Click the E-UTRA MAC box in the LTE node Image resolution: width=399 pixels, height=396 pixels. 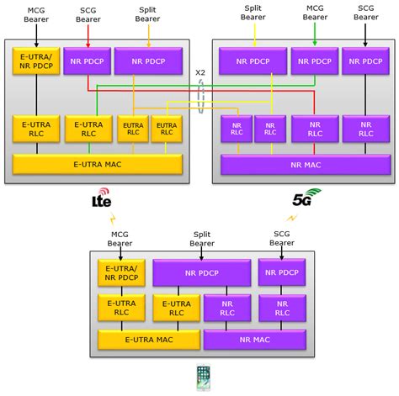tap(97, 164)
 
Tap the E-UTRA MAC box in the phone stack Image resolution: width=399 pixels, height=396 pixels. tap(148, 339)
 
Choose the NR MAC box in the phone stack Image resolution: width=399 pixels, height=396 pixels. tap(254, 339)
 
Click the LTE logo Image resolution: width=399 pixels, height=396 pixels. tap(101, 202)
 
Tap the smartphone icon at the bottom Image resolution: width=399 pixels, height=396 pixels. tap(202, 378)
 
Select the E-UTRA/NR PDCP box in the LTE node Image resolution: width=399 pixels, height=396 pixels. tap(36, 61)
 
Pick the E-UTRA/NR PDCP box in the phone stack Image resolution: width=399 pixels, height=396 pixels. tap(121, 272)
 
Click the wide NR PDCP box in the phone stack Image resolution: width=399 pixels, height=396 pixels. tap(201, 272)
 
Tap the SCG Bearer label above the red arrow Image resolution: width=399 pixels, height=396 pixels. tap(87, 16)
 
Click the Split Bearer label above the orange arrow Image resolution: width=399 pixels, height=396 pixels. tap(148, 16)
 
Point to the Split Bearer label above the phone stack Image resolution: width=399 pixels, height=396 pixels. tap(201, 237)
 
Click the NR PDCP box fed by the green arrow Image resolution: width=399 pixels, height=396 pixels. tap(313, 61)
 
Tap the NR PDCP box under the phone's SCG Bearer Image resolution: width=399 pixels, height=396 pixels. tap(282, 272)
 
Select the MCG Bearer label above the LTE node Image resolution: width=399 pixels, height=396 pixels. tap(36, 16)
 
